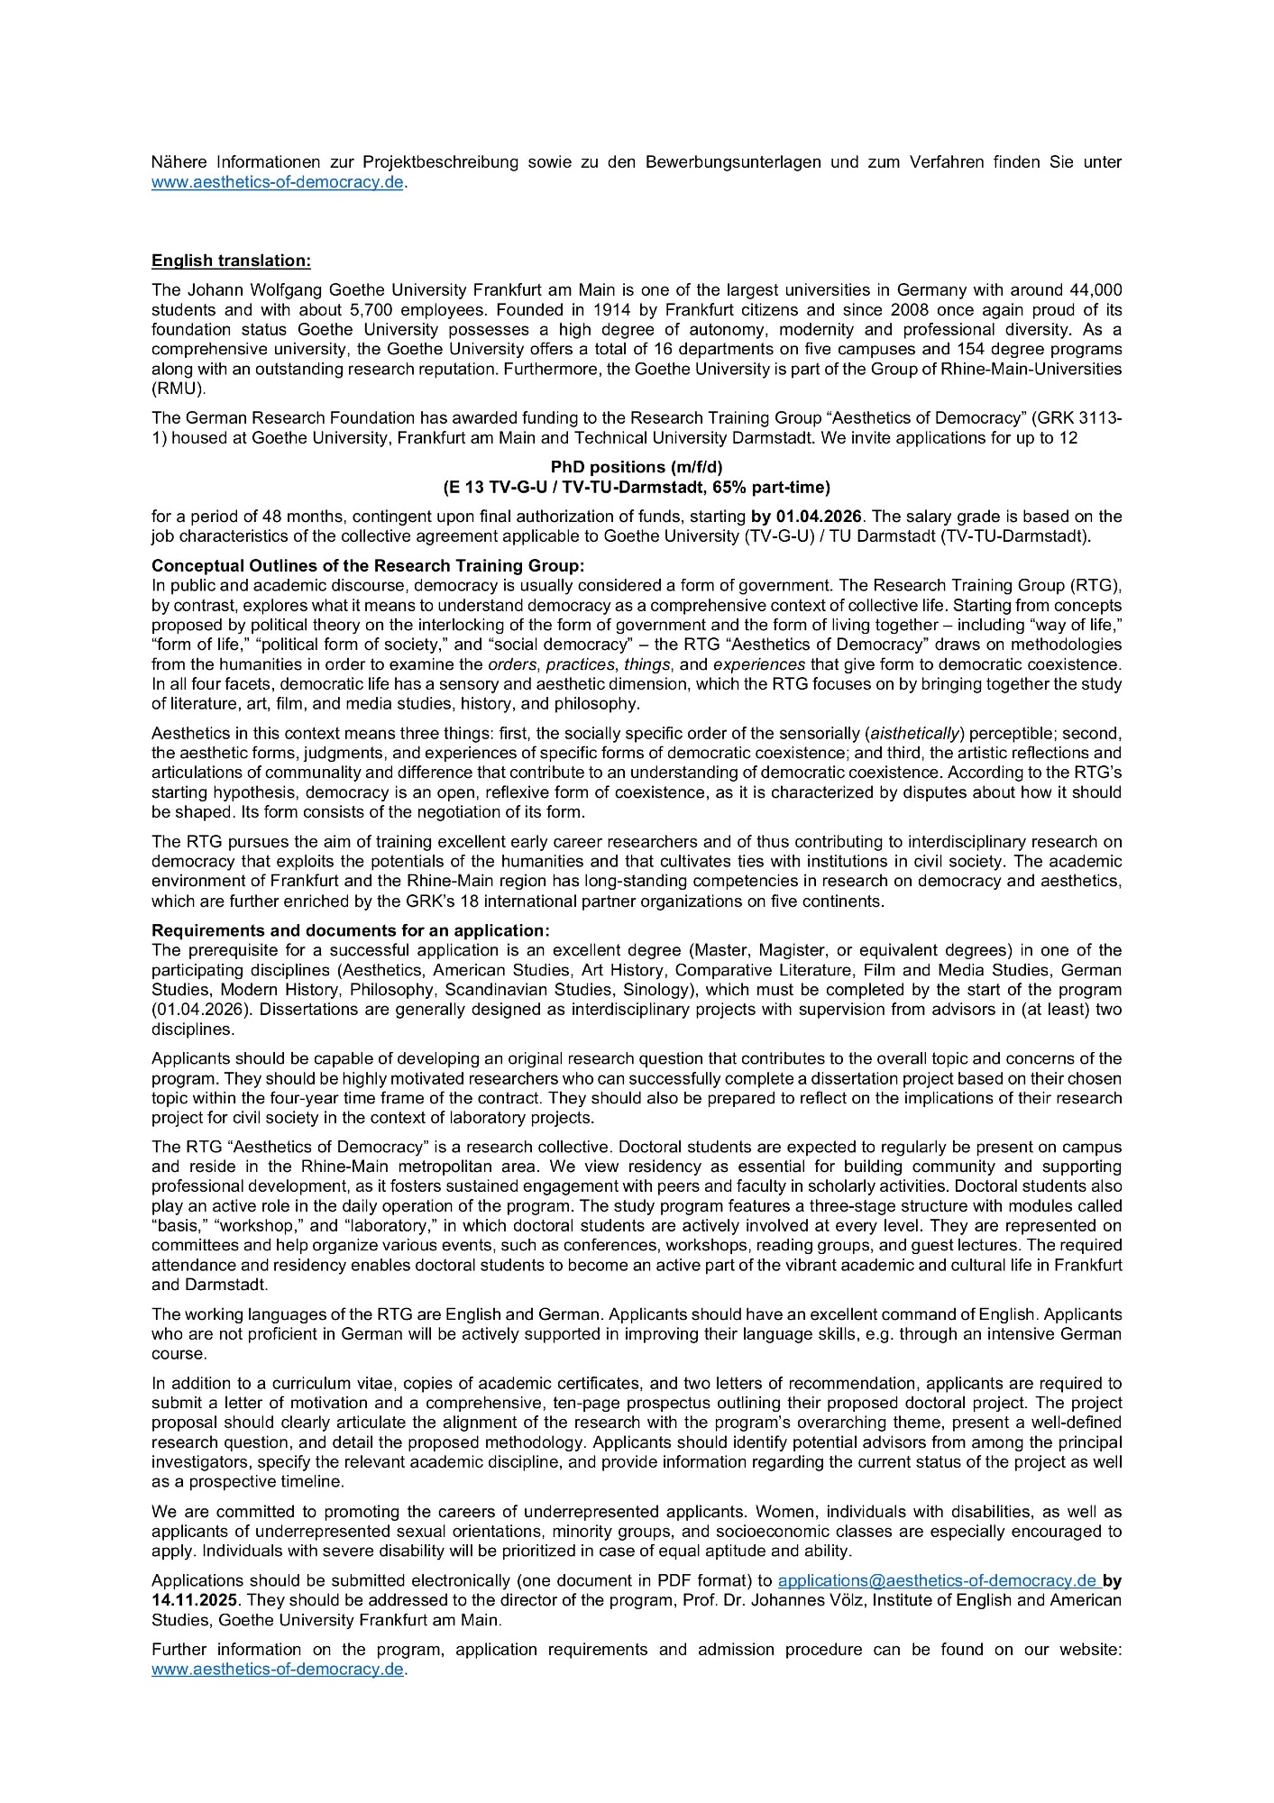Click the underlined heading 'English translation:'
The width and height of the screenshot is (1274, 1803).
tap(231, 261)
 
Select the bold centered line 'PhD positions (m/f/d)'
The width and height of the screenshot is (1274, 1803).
tap(637, 467)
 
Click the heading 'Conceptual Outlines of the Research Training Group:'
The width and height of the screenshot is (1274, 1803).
tap(368, 565)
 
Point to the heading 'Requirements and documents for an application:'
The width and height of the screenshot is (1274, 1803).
tap(350, 930)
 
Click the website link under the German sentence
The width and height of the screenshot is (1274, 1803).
tap(279, 182)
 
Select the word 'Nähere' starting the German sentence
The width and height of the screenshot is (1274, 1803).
tap(179, 162)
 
